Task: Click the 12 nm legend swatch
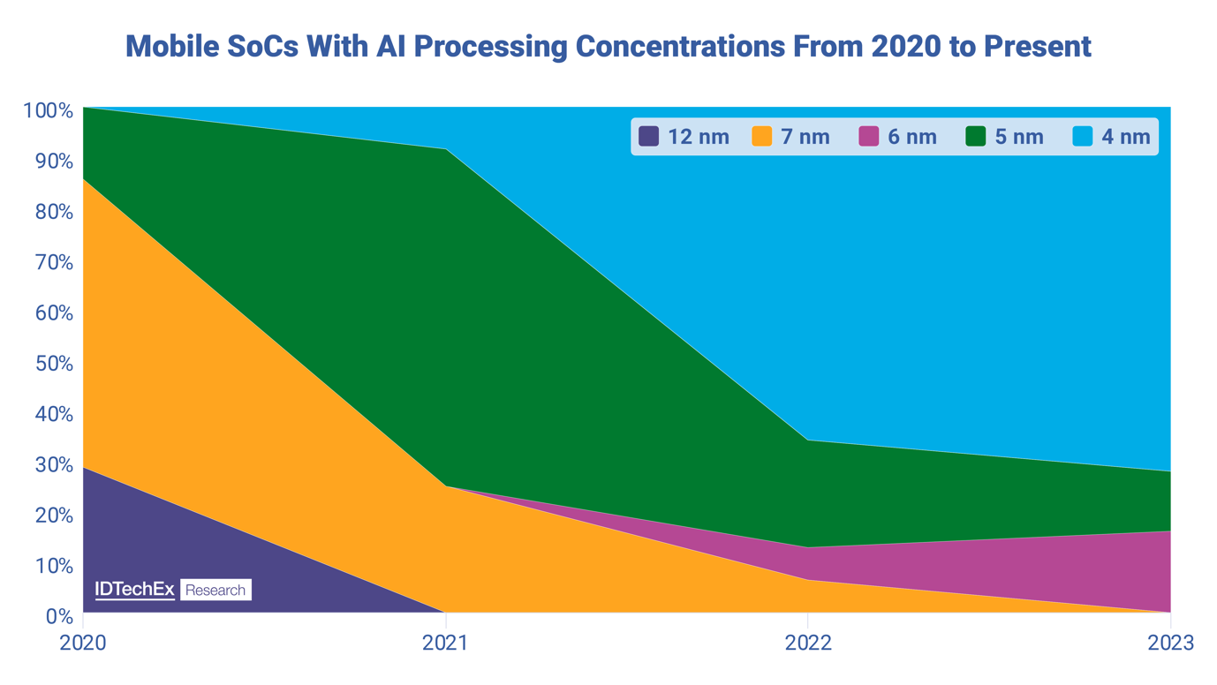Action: click(x=649, y=137)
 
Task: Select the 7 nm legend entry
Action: click(x=790, y=137)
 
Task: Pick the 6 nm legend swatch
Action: click(x=869, y=137)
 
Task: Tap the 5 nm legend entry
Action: click(x=1004, y=137)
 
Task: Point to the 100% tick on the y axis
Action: click(x=48, y=111)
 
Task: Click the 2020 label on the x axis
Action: click(x=83, y=643)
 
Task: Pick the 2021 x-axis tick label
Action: click(x=446, y=643)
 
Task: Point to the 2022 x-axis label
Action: click(x=808, y=643)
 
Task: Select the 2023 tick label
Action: click(x=1170, y=643)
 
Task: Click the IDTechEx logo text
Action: click(x=134, y=590)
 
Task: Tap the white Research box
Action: click(x=215, y=590)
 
